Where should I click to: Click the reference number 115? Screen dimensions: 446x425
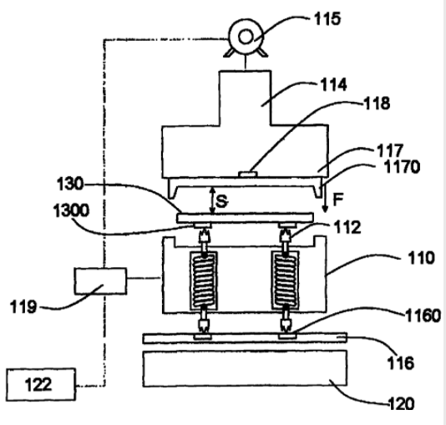(327, 19)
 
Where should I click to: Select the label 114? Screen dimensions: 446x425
(333, 84)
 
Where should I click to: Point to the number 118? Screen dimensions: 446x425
(377, 104)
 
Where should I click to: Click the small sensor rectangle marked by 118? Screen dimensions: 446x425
(248, 174)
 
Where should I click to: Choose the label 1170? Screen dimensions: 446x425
(402, 167)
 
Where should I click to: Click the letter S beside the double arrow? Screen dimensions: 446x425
(222, 201)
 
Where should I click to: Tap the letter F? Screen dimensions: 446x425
(338, 200)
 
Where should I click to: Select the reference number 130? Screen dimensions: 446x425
(70, 184)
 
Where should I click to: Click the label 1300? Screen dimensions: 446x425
(71, 210)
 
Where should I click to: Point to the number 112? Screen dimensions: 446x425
(347, 227)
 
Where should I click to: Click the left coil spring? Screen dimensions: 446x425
(204, 281)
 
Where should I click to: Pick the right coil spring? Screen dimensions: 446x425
(285, 281)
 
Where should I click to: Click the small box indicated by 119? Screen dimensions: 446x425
(101, 281)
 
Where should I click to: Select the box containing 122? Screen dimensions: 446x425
(41, 384)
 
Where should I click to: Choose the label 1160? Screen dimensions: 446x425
(423, 316)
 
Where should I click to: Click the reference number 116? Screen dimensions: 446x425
(401, 363)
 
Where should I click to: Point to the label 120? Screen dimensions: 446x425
(401, 403)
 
